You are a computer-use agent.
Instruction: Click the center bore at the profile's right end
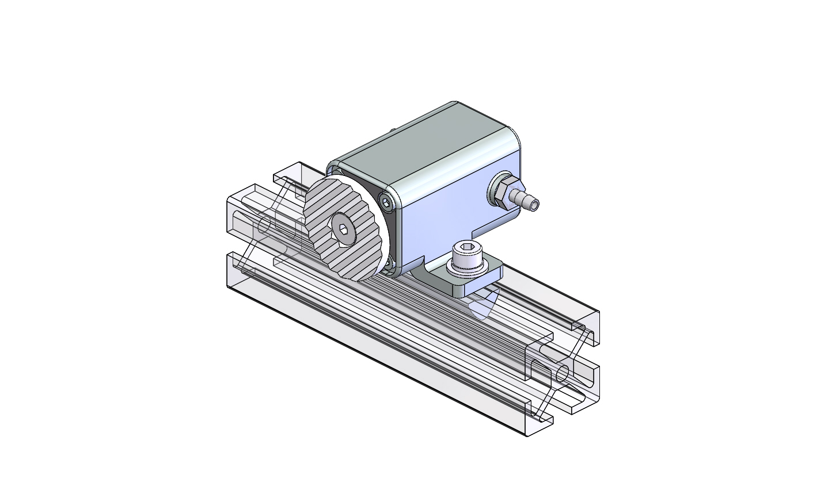(562, 373)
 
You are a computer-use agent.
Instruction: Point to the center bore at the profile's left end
(264, 225)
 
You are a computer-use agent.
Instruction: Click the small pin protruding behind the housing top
(392, 131)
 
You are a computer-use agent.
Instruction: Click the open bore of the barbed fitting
(535, 204)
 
